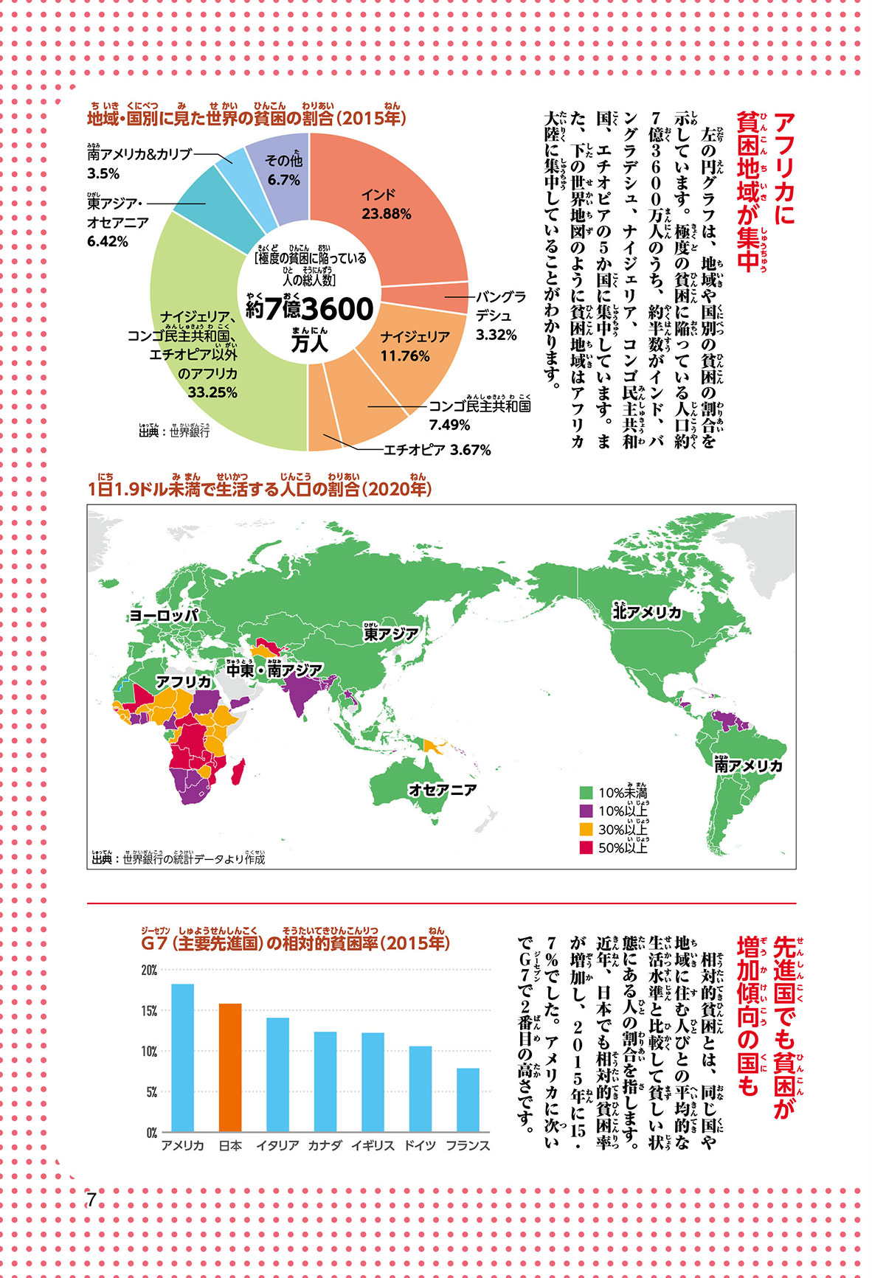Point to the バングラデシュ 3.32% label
[500, 316]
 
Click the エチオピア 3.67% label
[437, 450]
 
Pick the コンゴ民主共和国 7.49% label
[480, 414]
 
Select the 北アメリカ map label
[647, 612]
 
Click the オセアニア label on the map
[443, 790]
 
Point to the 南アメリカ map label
[748, 765]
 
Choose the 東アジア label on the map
[391, 633]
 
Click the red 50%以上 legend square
[586, 847]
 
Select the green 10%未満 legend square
[586, 793]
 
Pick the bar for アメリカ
[183, 1058]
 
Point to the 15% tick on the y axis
[149, 1011]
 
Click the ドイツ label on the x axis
[420, 1146]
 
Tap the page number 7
[91, 1199]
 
